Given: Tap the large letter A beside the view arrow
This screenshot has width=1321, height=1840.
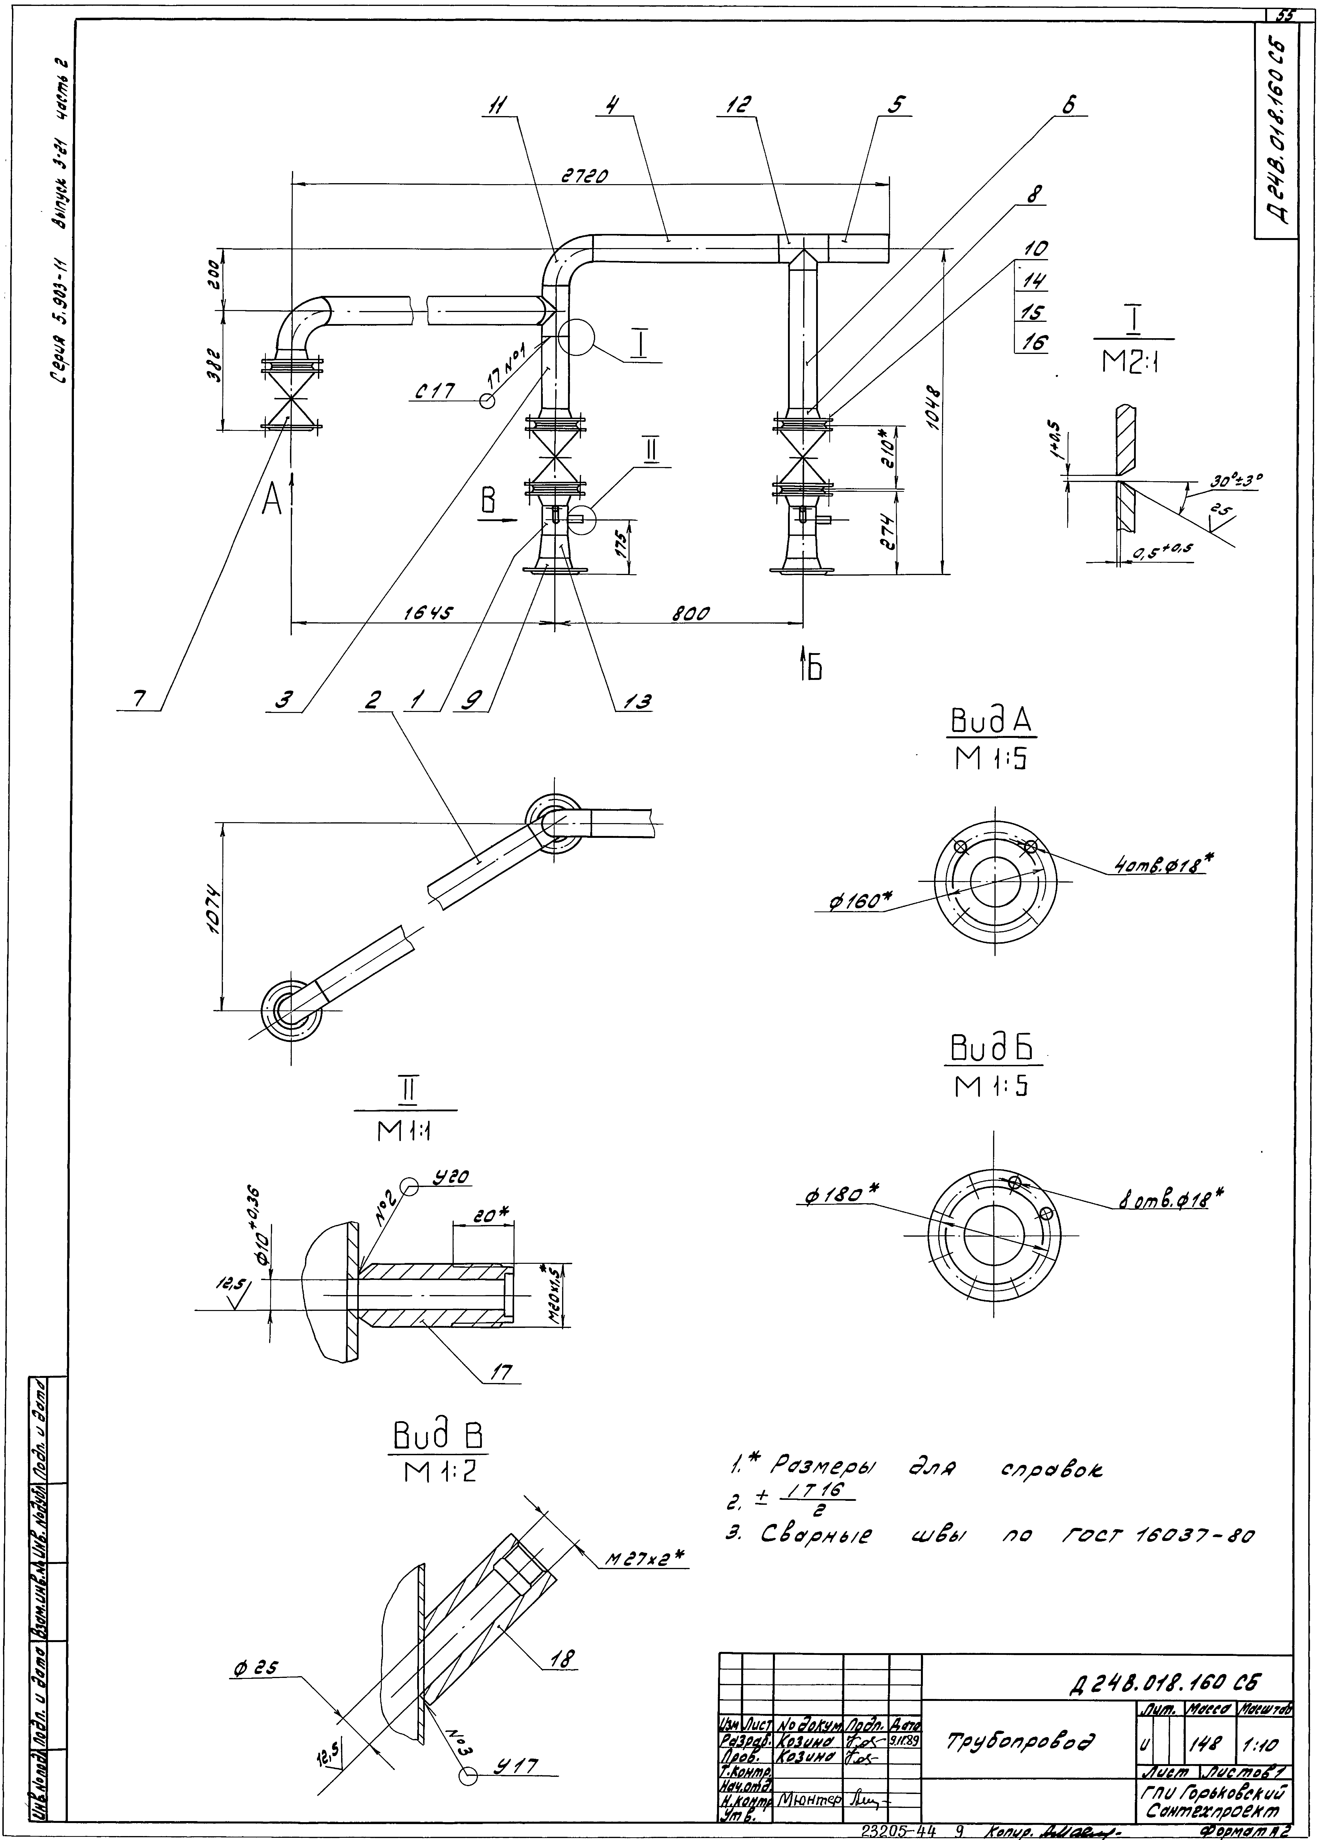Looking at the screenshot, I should [x=272, y=503].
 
